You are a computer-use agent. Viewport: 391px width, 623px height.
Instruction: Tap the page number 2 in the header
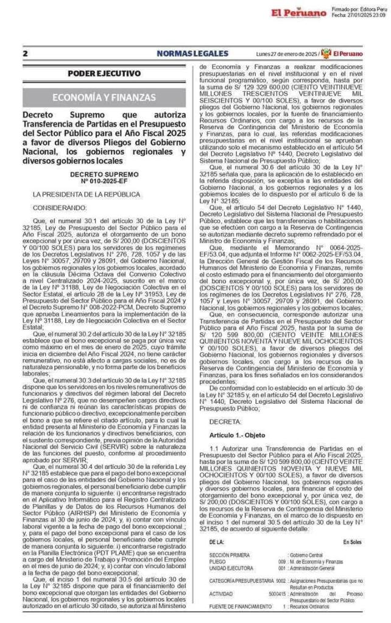click(25, 54)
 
